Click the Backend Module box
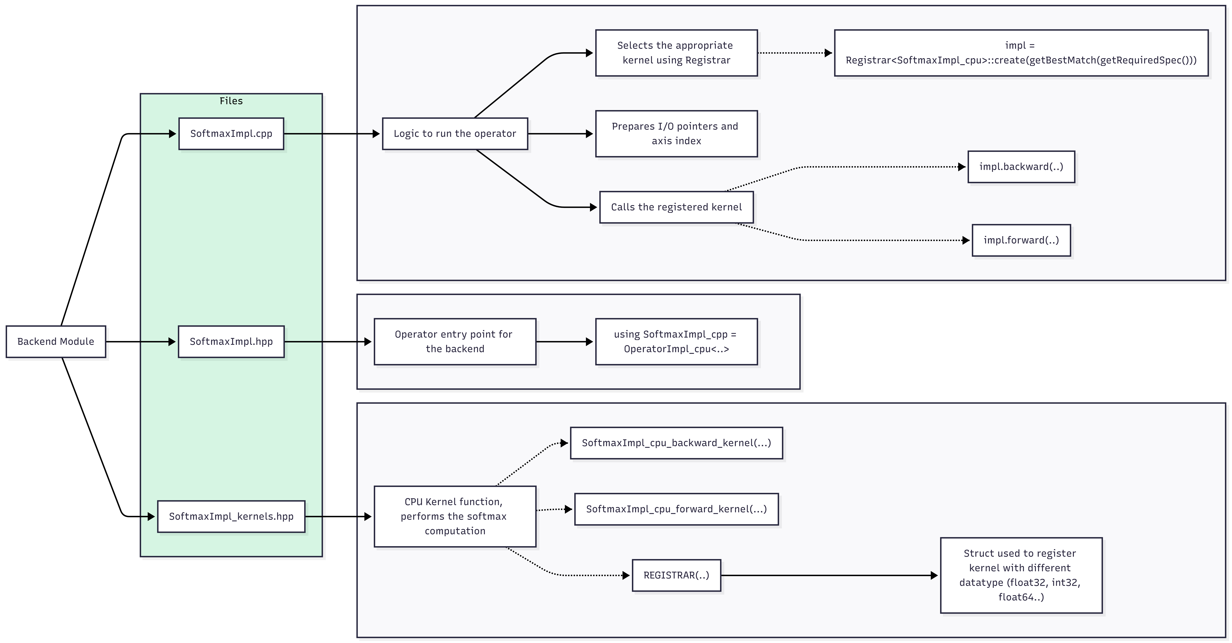click(x=56, y=341)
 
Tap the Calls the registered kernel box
click(x=676, y=207)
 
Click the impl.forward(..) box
click(x=1021, y=240)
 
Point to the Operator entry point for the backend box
click(x=455, y=341)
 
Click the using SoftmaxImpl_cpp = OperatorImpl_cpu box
click(x=676, y=341)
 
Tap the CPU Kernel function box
click(x=455, y=516)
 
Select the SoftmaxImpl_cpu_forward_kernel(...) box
click(x=676, y=509)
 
